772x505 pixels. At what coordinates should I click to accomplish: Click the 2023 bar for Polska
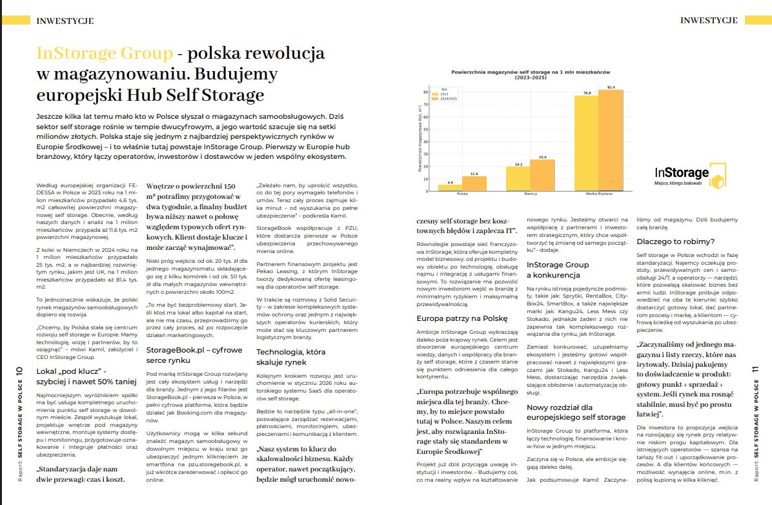click(x=450, y=188)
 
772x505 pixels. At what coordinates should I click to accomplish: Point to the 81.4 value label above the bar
click(x=611, y=87)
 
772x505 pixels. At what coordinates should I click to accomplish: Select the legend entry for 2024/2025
click(x=448, y=99)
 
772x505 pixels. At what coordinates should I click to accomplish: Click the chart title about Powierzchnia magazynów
click(x=526, y=74)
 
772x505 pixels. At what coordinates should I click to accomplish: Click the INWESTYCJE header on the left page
click(x=65, y=21)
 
